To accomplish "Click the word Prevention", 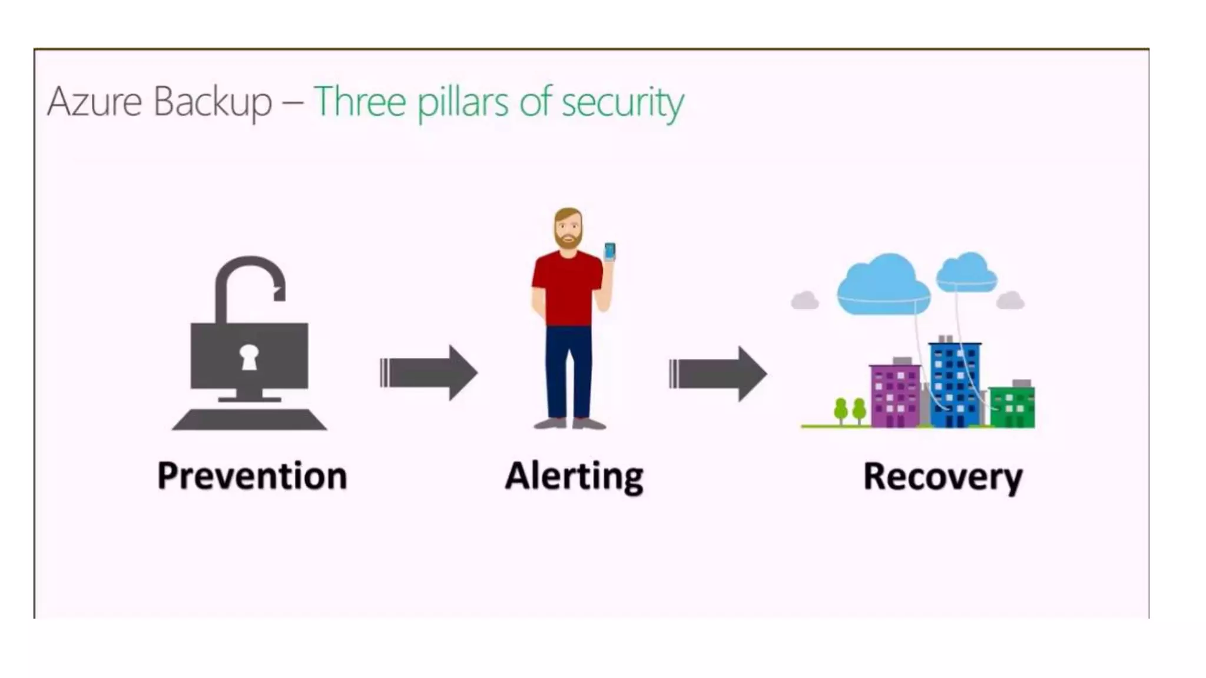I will pos(252,476).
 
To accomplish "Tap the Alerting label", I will pos(574,477).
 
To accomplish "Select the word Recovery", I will pos(942,477).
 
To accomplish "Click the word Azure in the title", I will pos(95,102).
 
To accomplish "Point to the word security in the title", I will pos(622,103).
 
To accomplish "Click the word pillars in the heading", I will pos(462,103).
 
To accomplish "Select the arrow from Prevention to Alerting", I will pos(429,373).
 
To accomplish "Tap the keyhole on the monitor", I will pos(249,357).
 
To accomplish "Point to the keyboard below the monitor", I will pos(249,420).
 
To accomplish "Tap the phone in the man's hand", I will pos(609,251).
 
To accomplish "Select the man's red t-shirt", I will pos(566,288).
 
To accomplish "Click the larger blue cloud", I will pos(883,285).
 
